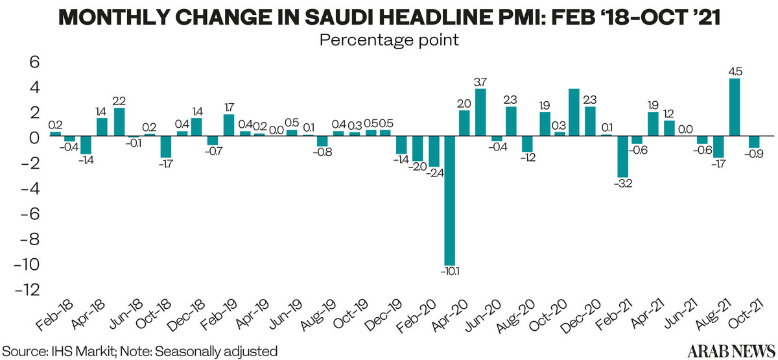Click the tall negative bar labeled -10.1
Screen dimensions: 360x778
pos(449,201)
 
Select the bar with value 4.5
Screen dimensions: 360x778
pos(735,108)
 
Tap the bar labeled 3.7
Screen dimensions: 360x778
pos(480,113)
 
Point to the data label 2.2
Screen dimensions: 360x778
pos(119,101)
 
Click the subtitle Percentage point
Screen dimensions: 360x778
pos(389,40)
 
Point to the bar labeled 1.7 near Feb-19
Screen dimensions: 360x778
pos(228,125)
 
